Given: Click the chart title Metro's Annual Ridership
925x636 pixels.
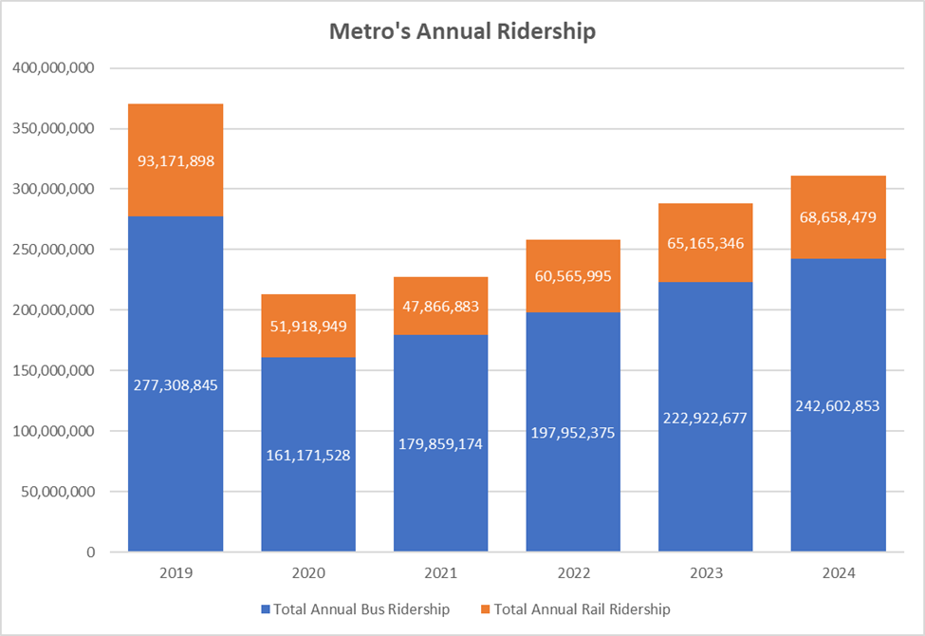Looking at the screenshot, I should point(462,31).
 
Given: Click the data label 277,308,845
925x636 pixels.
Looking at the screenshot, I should point(176,385).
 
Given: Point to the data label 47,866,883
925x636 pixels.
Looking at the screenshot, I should point(441,307).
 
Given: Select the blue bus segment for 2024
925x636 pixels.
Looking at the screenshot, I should point(839,475).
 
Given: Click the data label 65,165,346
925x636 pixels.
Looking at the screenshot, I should point(707,243).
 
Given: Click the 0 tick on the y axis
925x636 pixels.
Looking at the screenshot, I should point(91,552).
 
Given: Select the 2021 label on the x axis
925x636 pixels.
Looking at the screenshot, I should point(441,573).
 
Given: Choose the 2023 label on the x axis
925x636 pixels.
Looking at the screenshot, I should point(707,573).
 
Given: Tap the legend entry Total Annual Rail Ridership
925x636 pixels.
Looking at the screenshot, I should point(578,608).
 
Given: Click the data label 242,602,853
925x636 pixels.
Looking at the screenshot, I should point(839,405).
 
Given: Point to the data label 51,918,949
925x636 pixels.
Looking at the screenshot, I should point(308,326).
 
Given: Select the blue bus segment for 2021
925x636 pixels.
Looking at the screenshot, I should point(441,494).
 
